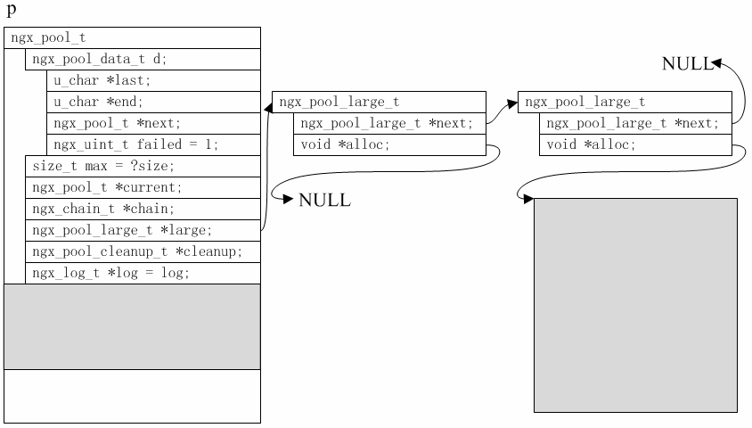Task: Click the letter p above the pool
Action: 12,11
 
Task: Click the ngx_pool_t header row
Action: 132,38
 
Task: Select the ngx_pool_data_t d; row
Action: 143,60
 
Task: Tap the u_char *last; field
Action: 153,81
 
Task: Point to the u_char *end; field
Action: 153,103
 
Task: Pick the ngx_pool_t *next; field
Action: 153,124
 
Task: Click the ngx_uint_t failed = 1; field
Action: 153,145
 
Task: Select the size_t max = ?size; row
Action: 143,167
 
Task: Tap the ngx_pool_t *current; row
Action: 143,188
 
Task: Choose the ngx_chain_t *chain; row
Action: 143,210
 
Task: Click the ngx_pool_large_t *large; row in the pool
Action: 143,231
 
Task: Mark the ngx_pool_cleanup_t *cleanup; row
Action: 143,252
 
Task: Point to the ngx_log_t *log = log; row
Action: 143,274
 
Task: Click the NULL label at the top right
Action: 686,63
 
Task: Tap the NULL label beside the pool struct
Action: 324,201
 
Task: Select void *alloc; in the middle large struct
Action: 389,145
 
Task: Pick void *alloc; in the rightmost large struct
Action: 635,145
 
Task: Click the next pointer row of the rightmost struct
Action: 635,124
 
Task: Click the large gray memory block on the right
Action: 635,305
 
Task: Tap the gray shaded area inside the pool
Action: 132,326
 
